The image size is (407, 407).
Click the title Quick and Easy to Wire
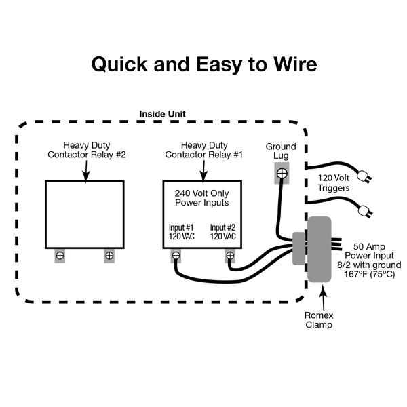pyautogui.click(x=203, y=64)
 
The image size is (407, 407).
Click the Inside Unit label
pyautogui.click(x=162, y=113)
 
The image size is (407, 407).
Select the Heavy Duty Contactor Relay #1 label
pyautogui.click(x=203, y=149)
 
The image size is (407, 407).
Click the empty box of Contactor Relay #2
pyautogui.click(x=84, y=214)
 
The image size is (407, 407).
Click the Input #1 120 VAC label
pyautogui.click(x=182, y=232)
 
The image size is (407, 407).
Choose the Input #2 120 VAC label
pyautogui.click(x=222, y=232)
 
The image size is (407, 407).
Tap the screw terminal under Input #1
pyautogui.click(x=176, y=256)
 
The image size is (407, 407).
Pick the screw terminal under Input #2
pyautogui.click(x=230, y=256)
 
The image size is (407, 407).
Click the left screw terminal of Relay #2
pyautogui.click(x=60, y=256)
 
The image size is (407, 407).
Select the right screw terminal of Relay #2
pyautogui.click(x=109, y=256)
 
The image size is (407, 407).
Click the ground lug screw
pyautogui.click(x=282, y=174)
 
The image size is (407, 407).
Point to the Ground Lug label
pyautogui.click(x=281, y=151)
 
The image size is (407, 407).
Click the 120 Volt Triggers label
pyautogui.click(x=334, y=182)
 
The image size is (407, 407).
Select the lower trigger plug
pyautogui.click(x=364, y=212)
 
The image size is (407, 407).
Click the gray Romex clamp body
pyautogui.click(x=319, y=249)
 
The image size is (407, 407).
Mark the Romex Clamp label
pyautogui.click(x=318, y=320)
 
